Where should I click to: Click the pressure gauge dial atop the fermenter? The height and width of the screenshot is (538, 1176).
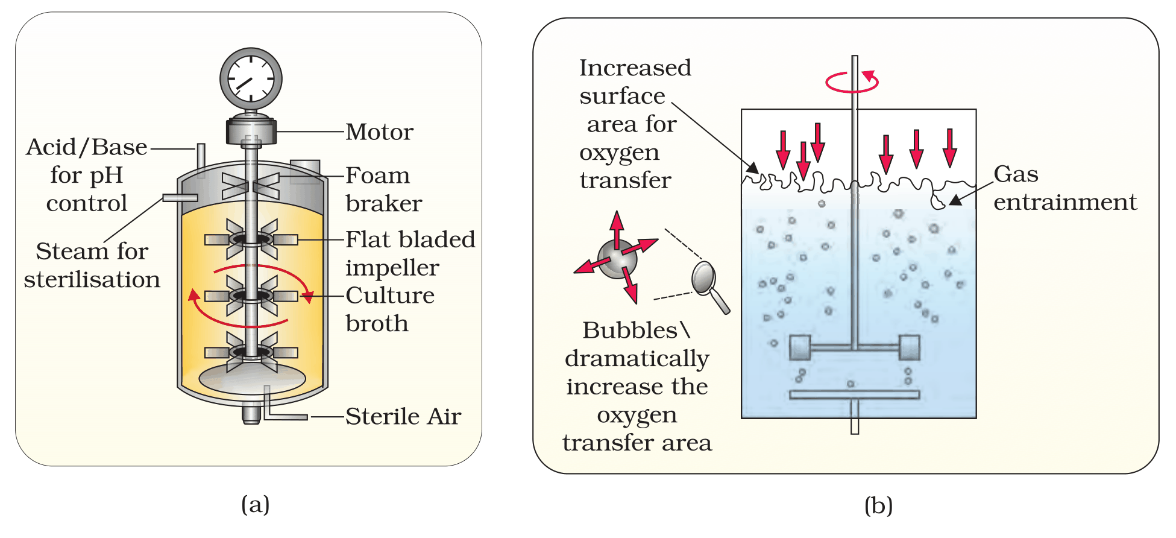[251, 79]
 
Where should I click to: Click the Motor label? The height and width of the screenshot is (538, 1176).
[380, 132]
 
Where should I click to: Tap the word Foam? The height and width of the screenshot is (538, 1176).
[378, 176]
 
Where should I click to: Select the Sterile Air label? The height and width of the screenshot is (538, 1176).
[403, 416]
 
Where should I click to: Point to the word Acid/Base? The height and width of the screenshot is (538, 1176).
[87, 147]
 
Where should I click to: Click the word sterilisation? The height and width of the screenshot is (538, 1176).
[92, 280]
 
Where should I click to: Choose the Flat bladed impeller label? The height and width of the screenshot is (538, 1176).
[410, 253]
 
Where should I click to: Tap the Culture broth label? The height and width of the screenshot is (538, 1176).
[390, 309]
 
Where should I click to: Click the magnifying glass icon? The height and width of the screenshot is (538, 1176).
[710, 286]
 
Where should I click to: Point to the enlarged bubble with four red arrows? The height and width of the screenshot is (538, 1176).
[616, 258]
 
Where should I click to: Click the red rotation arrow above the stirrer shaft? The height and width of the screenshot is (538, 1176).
[852, 82]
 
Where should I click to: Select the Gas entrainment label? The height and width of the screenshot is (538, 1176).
[1065, 188]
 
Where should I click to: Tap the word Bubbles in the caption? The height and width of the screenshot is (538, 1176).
[630, 331]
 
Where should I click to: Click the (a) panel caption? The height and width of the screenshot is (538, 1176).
[255, 504]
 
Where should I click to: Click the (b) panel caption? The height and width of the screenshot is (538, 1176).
[878, 505]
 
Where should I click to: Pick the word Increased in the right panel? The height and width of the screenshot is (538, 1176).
[635, 68]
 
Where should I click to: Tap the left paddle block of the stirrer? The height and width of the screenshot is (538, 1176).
[800, 347]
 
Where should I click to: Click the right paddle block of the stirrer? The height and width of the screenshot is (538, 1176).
[910, 347]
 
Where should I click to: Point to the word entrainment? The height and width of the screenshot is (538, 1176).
[1065, 202]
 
